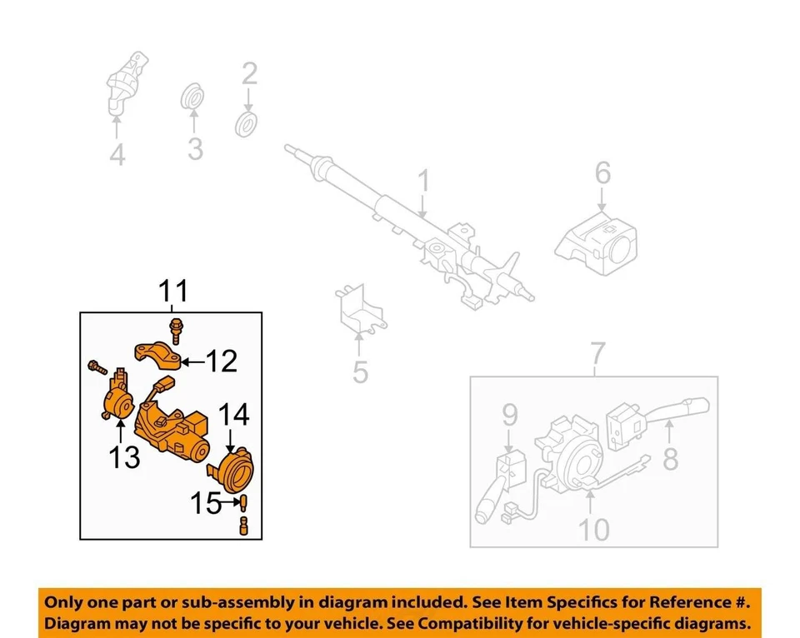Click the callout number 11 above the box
pos(174,292)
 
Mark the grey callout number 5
pos(360,371)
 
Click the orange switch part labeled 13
pos(116,398)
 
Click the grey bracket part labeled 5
pos(359,312)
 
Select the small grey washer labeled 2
pos(247,125)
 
